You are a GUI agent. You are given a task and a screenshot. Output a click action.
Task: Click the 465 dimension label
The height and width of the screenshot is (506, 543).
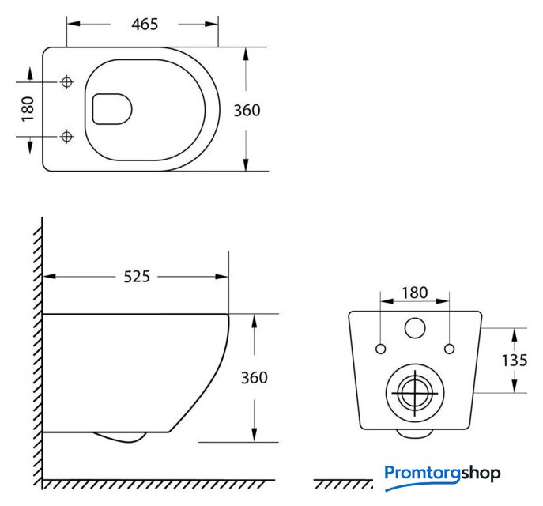pyautogui.click(x=145, y=25)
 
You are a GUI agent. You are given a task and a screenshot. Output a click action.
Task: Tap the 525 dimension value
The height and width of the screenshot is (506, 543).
pyautogui.click(x=137, y=277)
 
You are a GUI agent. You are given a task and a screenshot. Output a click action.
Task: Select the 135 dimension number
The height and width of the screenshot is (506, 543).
pyautogui.click(x=515, y=361)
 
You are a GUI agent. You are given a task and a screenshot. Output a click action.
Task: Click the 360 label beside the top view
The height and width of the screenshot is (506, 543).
pyautogui.click(x=247, y=111)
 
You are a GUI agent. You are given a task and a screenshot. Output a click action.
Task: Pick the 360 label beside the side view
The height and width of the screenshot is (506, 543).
pyautogui.click(x=255, y=377)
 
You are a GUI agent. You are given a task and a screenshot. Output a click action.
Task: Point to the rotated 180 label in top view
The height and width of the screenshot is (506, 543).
pyautogui.click(x=28, y=109)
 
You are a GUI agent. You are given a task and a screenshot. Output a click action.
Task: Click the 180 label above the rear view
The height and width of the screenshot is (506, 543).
pyautogui.click(x=414, y=293)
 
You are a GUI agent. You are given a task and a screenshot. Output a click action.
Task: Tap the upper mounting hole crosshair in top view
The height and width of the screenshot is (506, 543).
pyautogui.click(x=66, y=82)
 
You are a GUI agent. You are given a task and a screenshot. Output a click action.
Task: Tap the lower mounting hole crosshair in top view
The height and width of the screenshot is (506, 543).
pyautogui.click(x=66, y=137)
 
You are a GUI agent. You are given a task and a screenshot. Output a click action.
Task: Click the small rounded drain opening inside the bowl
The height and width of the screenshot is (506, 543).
pyautogui.click(x=112, y=109)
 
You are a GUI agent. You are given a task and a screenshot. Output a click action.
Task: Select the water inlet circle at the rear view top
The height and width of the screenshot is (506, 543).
pyautogui.click(x=415, y=328)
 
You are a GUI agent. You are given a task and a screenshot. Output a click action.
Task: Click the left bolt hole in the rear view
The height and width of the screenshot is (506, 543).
pyautogui.click(x=381, y=349)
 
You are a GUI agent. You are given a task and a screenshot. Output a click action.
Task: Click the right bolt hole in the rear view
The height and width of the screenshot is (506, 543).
pyautogui.click(x=449, y=349)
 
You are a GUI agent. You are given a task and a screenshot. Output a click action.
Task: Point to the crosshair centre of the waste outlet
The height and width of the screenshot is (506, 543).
pyautogui.click(x=415, y=393)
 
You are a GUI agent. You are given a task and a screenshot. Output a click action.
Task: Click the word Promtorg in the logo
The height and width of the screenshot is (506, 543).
pyautogui.click(x=423, y=474)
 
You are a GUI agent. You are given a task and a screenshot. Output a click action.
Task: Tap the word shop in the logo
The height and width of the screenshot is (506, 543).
pyautogui.click(x=481, y=474)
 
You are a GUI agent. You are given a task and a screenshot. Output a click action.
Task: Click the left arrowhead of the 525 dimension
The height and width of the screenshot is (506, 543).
pyautogui.click(x=49, y=277)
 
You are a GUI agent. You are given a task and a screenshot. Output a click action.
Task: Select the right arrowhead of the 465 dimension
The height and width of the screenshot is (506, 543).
pyautogui.click(x=211, y=24)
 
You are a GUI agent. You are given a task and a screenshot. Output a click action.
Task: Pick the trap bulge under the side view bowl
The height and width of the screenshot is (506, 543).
pyautogui.click(x=119, y=437)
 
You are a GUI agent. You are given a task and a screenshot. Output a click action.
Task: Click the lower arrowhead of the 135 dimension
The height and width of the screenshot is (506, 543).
pyautogui.click(x=515, y=386)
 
